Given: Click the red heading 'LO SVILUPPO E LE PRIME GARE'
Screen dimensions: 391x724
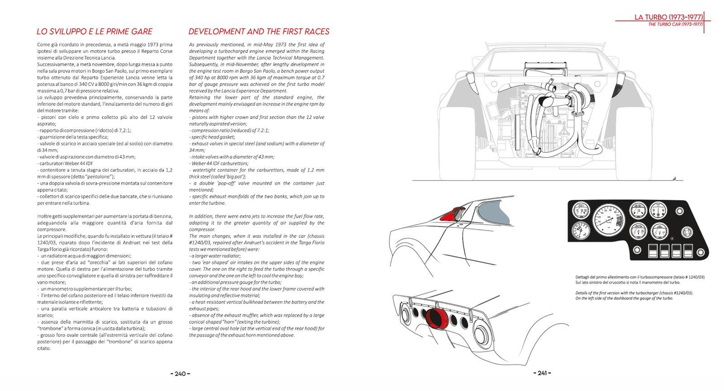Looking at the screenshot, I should (94, 32).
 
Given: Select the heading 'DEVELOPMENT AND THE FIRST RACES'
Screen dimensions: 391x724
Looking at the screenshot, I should (258, 32).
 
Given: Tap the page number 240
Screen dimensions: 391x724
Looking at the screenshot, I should (180, 373).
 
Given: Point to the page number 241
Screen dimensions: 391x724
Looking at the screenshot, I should (542, 373).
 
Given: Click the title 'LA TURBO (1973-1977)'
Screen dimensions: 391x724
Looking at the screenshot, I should (668, 17).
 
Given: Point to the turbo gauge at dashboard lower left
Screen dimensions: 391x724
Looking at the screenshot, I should (581, 231).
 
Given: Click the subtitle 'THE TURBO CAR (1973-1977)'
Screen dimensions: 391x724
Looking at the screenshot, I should (675, 24).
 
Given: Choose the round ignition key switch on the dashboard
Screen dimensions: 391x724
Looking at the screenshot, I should (686, 232).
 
